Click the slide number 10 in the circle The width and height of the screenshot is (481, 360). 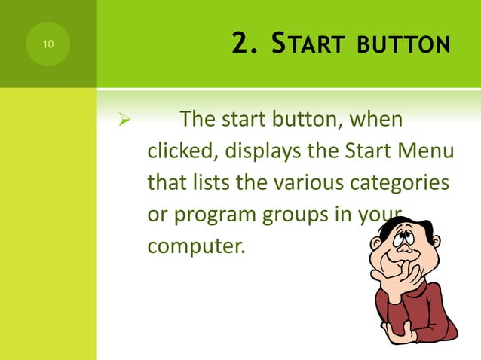[x=47, y=45]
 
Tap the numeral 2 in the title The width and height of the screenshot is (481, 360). [x=240, y=45]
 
